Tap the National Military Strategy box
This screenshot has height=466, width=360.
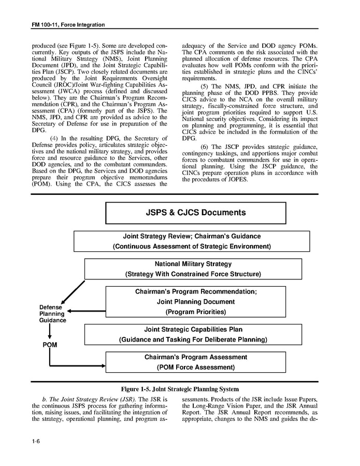tap(193, 269)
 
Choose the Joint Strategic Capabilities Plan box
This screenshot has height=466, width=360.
tap(193, 334)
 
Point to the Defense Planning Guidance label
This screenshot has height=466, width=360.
tap(52, 314)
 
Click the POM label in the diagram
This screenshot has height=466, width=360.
tap(50, 345)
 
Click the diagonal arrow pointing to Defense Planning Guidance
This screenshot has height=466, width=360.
tap(73, 293)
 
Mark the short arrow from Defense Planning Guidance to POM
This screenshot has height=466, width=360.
tap(50, 332)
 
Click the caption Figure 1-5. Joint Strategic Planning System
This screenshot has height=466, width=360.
tap(180, 389)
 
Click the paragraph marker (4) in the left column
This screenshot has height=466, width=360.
tap(56, 138)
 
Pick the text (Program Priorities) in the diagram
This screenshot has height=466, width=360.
tap(195, 312)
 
